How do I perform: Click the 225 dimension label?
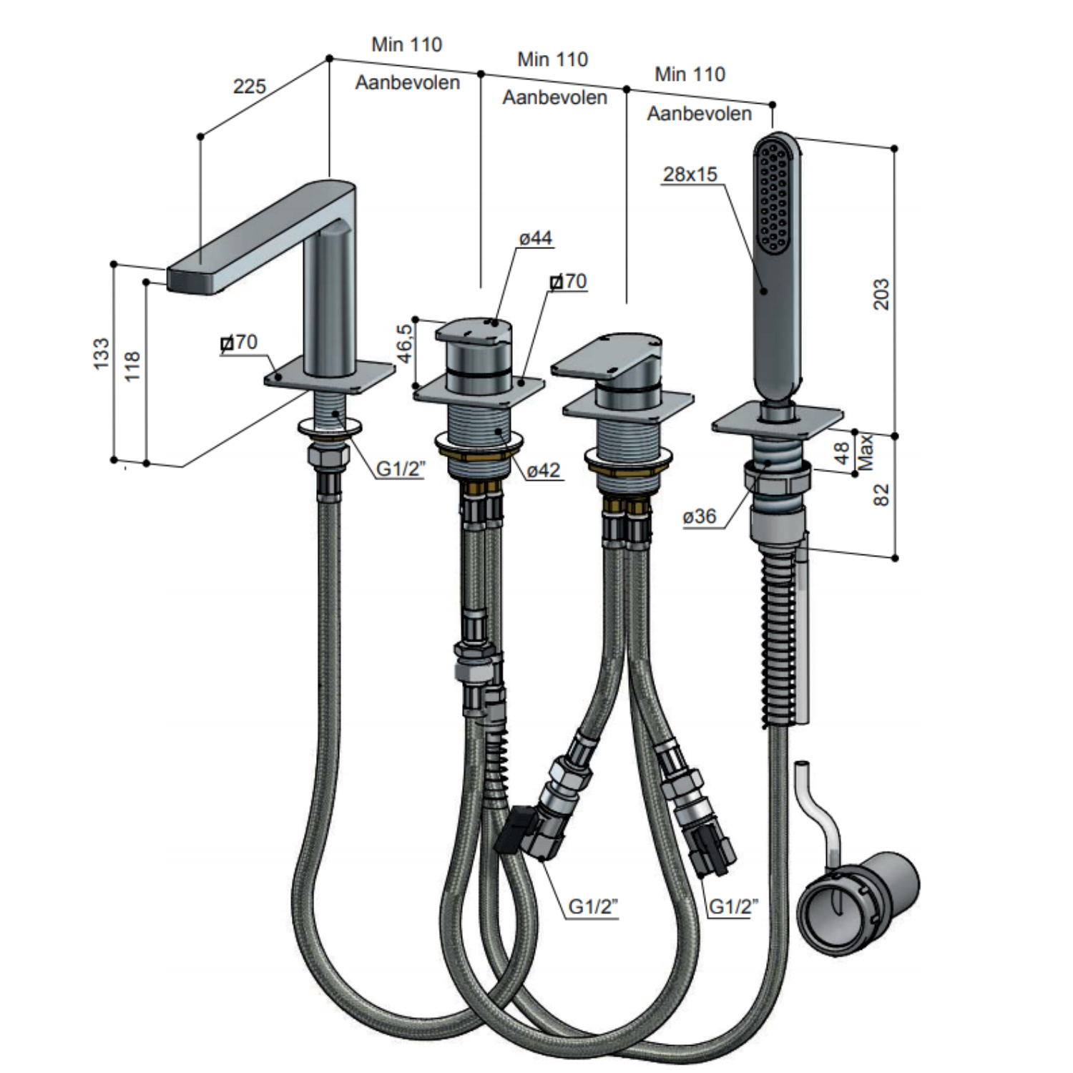coord(249,87)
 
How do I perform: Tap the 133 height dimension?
coord(102,354)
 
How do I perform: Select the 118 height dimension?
coord(133,366)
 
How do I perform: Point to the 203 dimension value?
coord(881,294)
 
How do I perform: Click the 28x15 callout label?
coord(690,174)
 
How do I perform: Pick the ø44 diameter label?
coord(536,238)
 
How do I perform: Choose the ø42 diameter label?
coord(544,470)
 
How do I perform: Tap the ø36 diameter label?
coord(699,516)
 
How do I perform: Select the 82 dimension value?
coord(881,494)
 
